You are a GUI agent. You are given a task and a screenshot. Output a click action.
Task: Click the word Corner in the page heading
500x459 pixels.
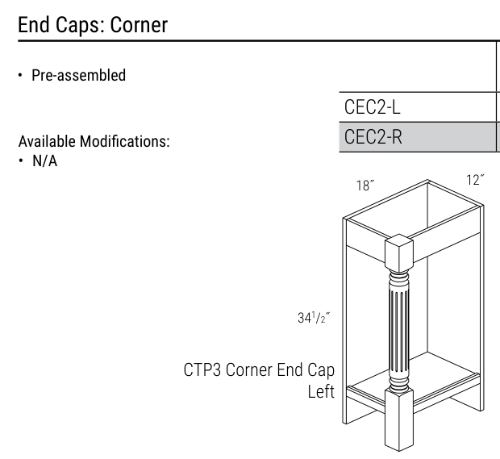tap(139, 25)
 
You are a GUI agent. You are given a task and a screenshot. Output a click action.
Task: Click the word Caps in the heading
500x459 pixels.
tap(81, 25)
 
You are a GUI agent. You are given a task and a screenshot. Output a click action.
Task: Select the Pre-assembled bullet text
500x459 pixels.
tap(78, 75)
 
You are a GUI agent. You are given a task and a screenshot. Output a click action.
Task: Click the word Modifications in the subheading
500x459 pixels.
tap(124, 141)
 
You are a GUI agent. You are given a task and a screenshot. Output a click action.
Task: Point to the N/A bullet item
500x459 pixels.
tap(44, 161)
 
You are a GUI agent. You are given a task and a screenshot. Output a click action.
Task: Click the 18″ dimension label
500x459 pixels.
tap(365, 186)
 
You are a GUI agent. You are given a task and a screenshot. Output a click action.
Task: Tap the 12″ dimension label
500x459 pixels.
tap(476, 180)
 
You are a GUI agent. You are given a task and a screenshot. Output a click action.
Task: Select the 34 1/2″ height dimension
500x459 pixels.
tap(314, 318)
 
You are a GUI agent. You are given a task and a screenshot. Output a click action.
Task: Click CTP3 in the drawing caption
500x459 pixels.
tap(202, 370)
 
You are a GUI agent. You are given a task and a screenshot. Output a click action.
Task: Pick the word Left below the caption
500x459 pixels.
tap(321, 391)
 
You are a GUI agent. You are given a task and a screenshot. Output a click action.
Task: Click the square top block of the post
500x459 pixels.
tap(399, 252)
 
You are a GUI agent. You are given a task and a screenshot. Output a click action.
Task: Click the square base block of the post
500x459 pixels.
tap(399, 419)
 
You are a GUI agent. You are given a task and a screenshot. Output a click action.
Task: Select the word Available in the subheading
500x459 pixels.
tap(47, 141)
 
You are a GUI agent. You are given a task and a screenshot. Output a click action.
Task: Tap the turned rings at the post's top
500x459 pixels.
tap(399, 276)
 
